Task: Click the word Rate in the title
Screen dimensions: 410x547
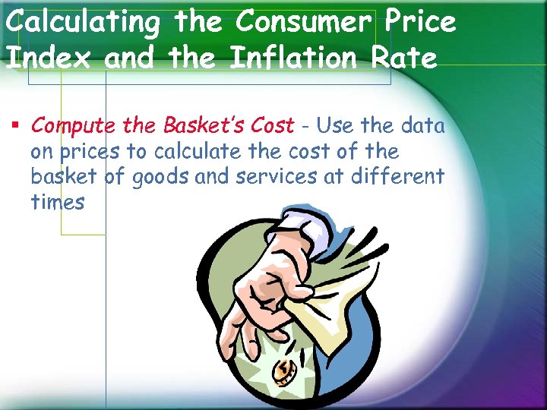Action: point(406,58)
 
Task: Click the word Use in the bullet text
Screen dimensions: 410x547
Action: point(334,125)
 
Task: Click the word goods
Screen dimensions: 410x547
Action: point(160,177)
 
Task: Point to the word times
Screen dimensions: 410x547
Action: point(58,203)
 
